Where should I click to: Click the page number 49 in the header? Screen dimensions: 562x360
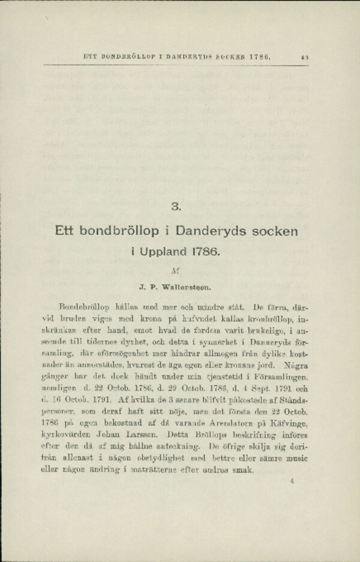(x=304, y=58)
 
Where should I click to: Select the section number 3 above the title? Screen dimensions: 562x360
(x=175, y=208)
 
